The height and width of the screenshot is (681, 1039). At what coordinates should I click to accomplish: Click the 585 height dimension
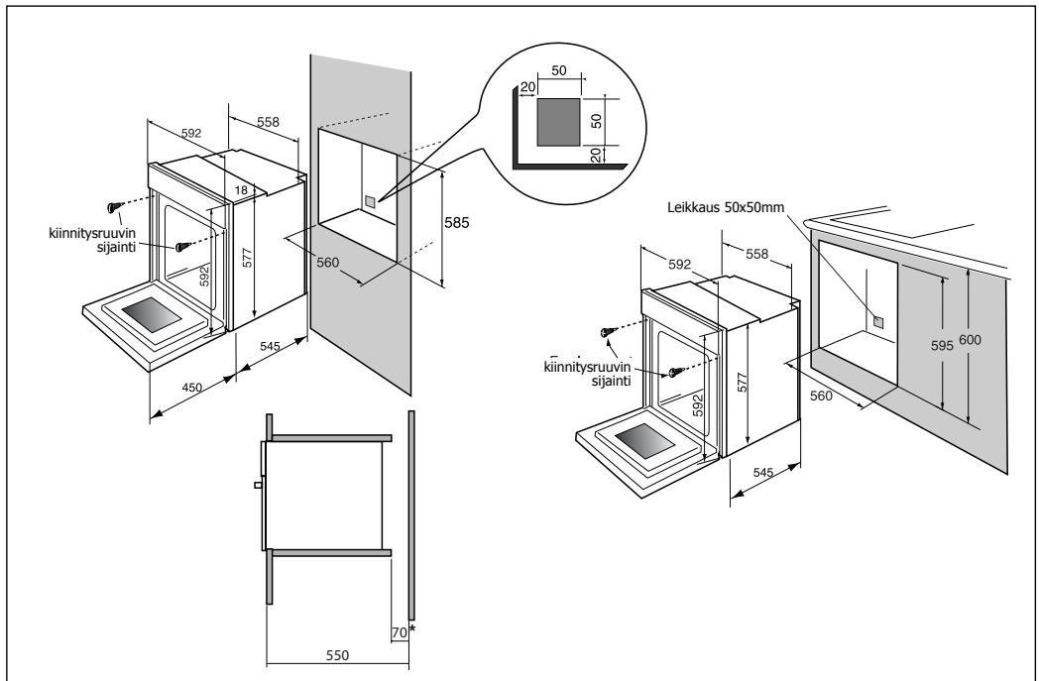click(x=457, y=223)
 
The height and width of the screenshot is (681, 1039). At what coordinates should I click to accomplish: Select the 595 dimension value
click(x=942, y=345)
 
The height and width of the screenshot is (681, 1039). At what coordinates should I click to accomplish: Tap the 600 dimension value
click(x=970, y=340)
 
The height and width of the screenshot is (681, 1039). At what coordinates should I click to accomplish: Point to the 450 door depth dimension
click(x=191, y=388)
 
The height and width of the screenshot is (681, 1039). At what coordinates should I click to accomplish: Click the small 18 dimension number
click(x=241, y=190)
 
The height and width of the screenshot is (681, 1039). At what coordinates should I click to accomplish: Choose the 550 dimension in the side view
click(x=337, y=655)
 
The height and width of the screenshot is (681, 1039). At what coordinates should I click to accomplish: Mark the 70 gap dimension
click(x=399, y=632)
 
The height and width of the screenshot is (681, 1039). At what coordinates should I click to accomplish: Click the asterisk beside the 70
click(x=412, y=628)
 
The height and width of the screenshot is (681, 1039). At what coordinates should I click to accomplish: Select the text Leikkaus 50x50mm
click(x=726, y=207)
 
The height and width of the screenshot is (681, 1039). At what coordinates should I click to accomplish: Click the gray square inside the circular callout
click(x=558, y=122)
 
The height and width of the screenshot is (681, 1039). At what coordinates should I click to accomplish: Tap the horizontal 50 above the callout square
click(x=559, y=71)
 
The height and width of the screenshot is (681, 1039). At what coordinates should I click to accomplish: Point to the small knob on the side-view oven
click(x=258, y=485)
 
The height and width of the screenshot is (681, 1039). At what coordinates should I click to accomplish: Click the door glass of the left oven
click(x=152, y=314)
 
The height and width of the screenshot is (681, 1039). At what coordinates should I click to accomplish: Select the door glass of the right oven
click(x=644, y=440)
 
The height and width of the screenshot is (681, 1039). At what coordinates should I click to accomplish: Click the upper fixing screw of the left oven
click(x=115, y=207)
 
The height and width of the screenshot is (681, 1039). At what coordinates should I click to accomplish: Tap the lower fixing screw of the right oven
click(x=676, y=373)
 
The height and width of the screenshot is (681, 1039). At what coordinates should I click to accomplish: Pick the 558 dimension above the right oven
click(x=756, y=254)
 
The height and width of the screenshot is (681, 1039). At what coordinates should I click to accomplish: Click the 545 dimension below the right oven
click(x=763, y=472)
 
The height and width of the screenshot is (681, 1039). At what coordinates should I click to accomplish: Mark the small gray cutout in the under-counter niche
click(x=878, y=322)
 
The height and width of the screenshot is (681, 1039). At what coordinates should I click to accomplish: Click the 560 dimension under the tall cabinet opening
click(x=327, y=263)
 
